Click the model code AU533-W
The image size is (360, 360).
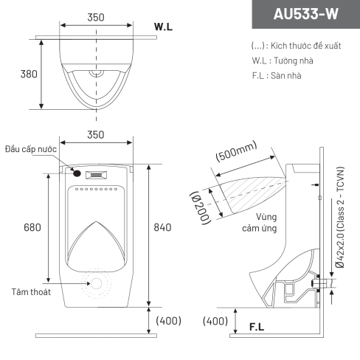(305, 14)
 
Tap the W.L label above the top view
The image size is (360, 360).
(163, 27)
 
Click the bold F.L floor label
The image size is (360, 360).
(257, 327)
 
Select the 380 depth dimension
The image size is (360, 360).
(29, 74)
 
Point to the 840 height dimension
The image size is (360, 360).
(162, 227)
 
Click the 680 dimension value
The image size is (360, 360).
(32, 227)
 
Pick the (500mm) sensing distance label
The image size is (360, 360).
(237, 151)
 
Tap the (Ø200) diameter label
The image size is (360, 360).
(201, 208)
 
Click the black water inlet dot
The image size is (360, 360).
(77, 173)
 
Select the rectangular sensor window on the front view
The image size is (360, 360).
(96, 175)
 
